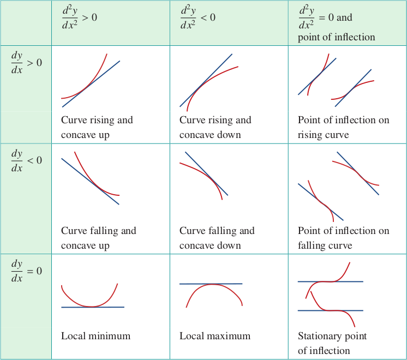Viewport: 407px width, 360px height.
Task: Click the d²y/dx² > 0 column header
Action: (x=80, y=17)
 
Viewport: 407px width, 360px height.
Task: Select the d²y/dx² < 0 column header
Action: (x=198, y=17)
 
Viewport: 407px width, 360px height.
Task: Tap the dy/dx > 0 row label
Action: (x=27, y=63)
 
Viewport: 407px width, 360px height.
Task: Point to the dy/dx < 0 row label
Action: (x=27, y=160)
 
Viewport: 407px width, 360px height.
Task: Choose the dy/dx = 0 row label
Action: (x=27, y=271)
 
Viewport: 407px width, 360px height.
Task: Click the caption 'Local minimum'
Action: (x=96, y=336)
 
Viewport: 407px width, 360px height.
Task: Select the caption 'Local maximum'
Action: (x=215, y=336)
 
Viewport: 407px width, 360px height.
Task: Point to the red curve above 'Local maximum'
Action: (x=213, y=285)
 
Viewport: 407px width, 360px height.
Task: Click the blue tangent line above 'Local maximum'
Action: (x=211, y=284)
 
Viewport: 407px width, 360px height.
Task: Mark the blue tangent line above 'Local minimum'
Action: (x=93, y=307)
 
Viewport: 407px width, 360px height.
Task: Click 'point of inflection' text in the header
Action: (x=337, y=37)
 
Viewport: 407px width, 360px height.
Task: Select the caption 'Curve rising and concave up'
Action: (x=97, y=127)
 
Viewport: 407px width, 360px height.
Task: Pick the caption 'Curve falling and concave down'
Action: (x=217, y=238)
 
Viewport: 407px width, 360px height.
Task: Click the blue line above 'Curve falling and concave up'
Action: (x=91, y=182)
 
